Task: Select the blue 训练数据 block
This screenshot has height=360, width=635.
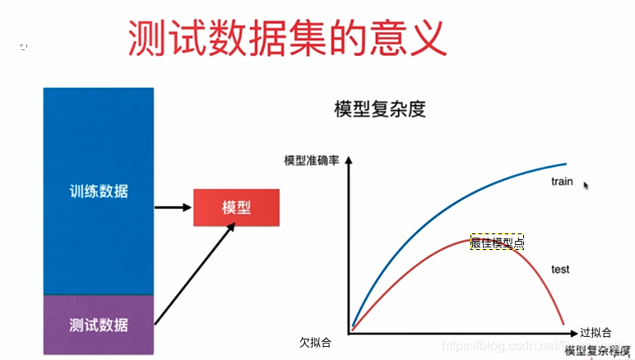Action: (x=99, y=191)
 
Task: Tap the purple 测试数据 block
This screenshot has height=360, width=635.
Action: (x=99, y=324)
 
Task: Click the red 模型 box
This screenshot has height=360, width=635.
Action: (x=236, y=207)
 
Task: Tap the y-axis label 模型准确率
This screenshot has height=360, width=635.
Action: (x=312, y=160)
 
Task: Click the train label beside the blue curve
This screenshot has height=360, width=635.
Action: (x=562, y=181)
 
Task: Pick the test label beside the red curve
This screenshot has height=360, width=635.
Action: (x=560, y=269)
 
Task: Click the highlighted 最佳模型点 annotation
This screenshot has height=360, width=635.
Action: (x=497, y=242)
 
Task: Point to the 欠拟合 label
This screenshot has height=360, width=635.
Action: (x=316, y=340)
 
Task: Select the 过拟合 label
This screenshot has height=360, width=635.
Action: (x=596, y=333)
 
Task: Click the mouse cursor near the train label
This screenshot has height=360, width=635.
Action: (x=586, y=186)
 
